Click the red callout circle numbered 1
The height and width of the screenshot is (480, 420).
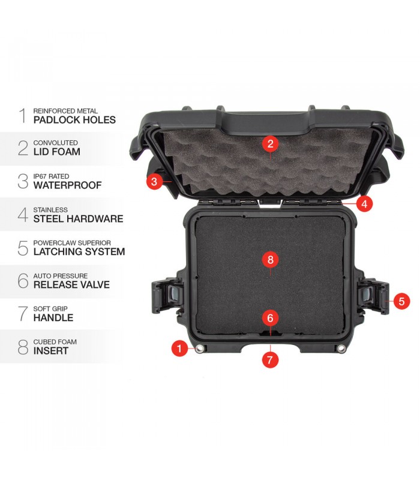179,348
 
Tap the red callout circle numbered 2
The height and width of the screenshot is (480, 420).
270,143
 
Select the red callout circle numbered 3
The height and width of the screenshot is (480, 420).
154,181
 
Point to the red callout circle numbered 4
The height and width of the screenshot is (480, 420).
364,203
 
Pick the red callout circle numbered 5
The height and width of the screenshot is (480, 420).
401,301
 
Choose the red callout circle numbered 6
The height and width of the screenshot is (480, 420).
270,318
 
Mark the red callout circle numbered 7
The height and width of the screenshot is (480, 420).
270,359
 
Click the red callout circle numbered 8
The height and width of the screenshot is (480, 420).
270,260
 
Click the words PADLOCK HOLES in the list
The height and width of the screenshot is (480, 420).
74,119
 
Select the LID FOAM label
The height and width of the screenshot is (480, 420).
57,152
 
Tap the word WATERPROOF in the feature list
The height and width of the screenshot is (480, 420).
67,185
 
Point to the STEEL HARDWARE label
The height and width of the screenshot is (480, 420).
78,218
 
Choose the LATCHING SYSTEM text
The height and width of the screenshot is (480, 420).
79,251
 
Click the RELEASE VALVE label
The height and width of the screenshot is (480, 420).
71,284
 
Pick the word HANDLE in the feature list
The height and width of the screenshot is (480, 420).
53,318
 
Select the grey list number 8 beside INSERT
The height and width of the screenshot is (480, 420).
23,347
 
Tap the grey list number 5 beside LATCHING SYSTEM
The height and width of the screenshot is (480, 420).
23,248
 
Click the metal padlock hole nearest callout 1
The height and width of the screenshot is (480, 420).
200,349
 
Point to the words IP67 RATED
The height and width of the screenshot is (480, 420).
51,176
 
